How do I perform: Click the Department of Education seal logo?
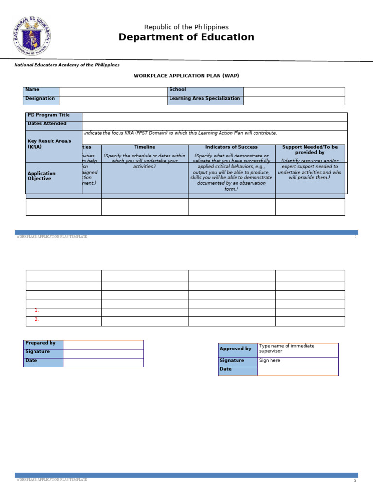click(32, 36)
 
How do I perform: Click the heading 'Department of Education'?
click(186, 37)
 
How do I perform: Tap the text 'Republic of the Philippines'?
click(186, 27)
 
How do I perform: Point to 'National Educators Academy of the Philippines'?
click(67, 65)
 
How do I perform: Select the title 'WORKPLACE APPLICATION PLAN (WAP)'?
click(186, 76)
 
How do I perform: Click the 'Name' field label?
click(33, 90)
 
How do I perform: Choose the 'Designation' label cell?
click(40, 99)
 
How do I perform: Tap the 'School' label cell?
click(178, 90)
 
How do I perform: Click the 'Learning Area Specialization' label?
click(204, 99)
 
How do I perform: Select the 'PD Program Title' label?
click(49, 115)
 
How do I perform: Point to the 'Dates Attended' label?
click(47, 124)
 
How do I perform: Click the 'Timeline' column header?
click(145, 147)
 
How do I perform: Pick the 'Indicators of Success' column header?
click(232, 147)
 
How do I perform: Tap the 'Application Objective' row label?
click(42, 176)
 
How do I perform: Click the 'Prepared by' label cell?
click(41, 343)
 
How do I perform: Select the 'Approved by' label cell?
click(236, 349)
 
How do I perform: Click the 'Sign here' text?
click(270, 361)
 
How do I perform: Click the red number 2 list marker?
click(36, 319)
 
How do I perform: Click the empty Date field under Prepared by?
click(103, 362)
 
